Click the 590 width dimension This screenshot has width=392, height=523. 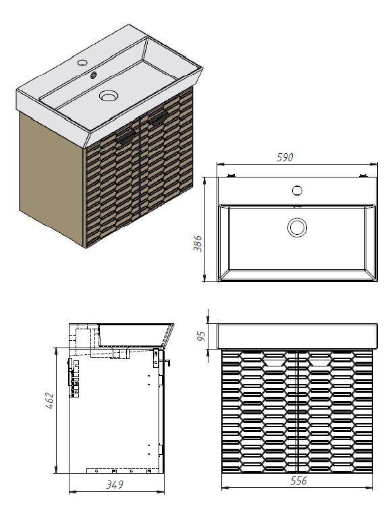pyautogui.click(x=285, y=157)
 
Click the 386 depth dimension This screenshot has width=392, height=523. pyautogui.click(x=198, y=244)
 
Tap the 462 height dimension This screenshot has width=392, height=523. pyautogui.click(x=49, y=401)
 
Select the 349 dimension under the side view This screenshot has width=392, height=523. pyautogui.click(x=115, y=485)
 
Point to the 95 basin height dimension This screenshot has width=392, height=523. pyautogui.click(x=201, y=336)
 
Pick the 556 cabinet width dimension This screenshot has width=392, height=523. pyautogui.click(x=299, y=480)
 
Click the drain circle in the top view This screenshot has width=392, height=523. pyautogui.click(x=297, y=227)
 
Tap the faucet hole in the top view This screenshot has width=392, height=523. pyautogui.click(x=297, y=190)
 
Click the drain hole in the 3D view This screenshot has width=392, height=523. pyautogui.click(x=109, y=96)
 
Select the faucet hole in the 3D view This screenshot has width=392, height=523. pyautogui.click(x=82, y=62)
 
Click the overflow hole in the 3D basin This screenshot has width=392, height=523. pyautogui.click(x=94, y=76)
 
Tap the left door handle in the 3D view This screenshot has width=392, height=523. pyautogui.click(x=125, y=137)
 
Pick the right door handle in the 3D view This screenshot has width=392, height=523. pyautogui.click(x=158, y=117)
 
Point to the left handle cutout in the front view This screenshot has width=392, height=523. pyautogui.click(x=274, y=358)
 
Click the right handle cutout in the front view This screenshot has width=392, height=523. pyautogui.click(x=320, y=358)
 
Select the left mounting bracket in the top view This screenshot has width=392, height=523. pyautogui.click(x=231, y=175)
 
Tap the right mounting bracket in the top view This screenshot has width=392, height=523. pyautogui.click(x=362, y=175)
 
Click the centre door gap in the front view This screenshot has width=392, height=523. pyautogui.click(x=297, y=411)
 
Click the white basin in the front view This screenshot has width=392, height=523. pyautogui.click(x=298, y=336)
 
